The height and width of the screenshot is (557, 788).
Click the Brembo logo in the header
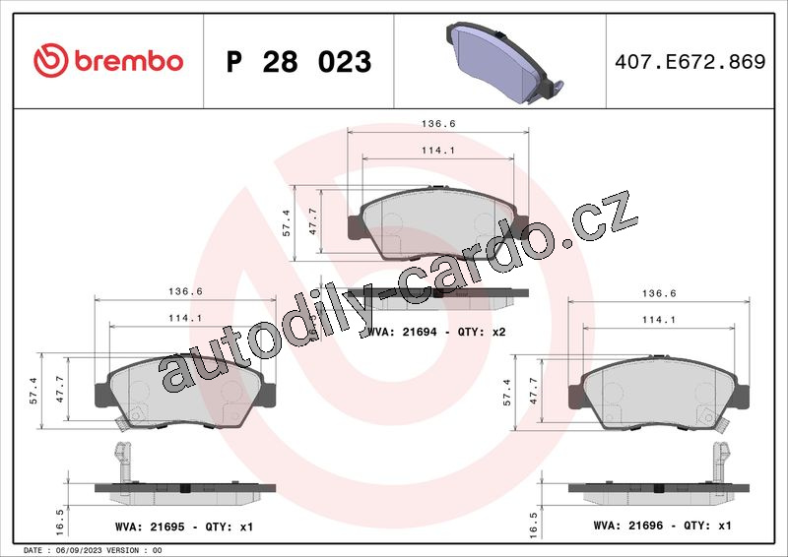(x=108, y=61)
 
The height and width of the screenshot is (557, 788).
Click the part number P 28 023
(x=299, y=62)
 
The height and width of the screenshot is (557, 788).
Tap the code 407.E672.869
(x=690, y=61)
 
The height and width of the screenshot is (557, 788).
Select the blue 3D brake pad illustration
(x=504, y=62)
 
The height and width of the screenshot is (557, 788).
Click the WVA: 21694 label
(x=403, y=332)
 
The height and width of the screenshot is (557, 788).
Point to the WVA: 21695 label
(x=150, y=526)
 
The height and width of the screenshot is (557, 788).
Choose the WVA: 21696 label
(x=628, y=526)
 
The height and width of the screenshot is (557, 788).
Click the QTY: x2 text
(x=482, y=332)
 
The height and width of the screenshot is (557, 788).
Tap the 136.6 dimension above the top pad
(x=438, y=124)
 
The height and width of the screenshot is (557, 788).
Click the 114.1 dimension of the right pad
(x=659, y=320)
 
